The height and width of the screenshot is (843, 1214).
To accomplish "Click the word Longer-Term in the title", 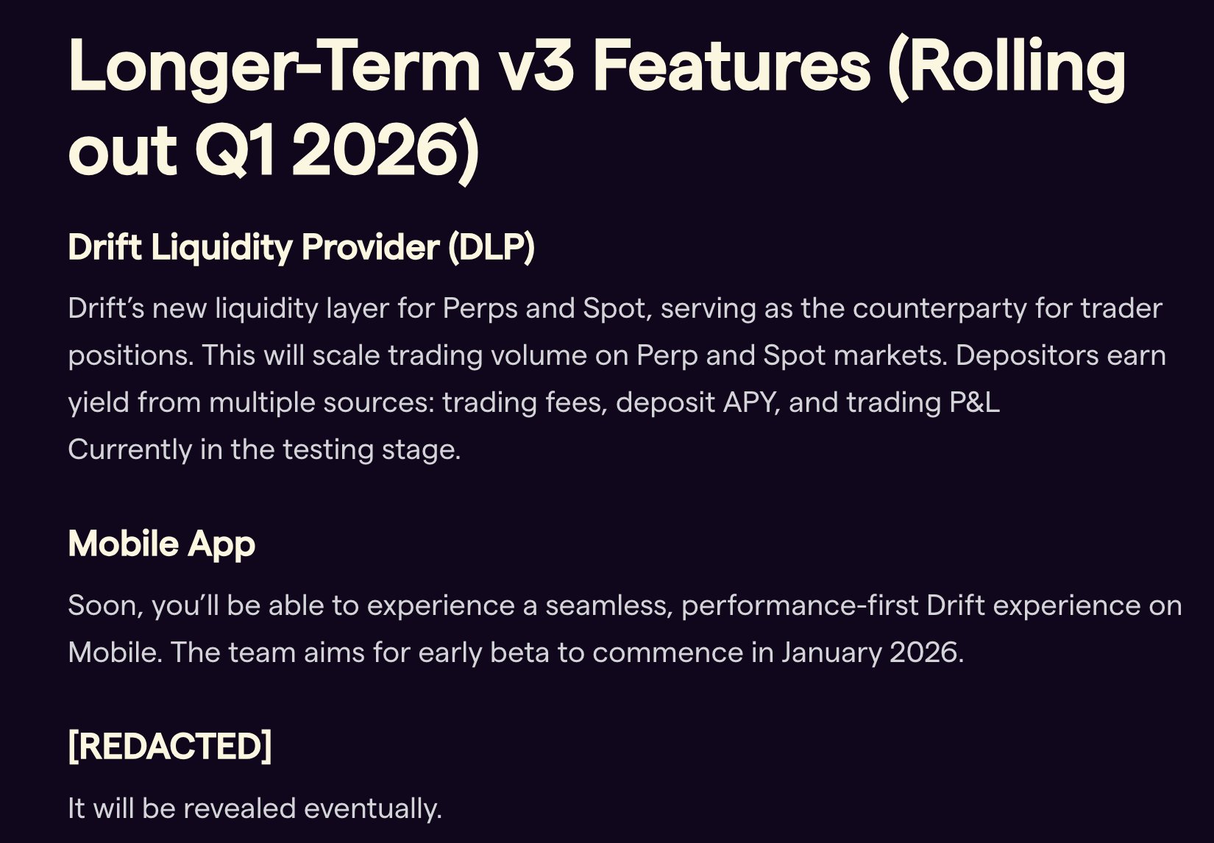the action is tap(274, 67).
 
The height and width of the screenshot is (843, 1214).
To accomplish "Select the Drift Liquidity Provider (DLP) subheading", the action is tap(302, 248).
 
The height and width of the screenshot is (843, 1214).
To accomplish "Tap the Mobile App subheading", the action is tap(162, 544).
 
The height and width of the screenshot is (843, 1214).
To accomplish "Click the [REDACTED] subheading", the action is tap(170, 747).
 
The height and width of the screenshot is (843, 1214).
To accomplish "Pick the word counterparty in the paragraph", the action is tap(940, 309).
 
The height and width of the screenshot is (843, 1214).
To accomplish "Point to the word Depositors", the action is tap(1026, 355).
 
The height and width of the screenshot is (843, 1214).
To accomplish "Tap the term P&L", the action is tap(974, 402).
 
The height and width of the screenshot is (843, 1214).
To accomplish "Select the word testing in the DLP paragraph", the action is tap(328, 450).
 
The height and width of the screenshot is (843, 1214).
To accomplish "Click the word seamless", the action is tap(609, 605).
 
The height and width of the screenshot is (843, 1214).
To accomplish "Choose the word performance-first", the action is tap(800, 605).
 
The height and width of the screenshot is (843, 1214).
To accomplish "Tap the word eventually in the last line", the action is tap(373, 809).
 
